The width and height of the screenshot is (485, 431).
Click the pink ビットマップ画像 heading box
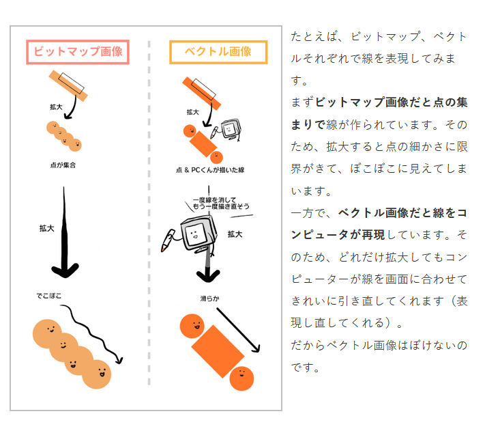point(78,52)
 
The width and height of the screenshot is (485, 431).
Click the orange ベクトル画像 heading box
point(218,52)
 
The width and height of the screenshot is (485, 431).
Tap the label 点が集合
point(63,165)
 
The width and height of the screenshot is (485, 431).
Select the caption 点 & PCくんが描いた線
point(209,170)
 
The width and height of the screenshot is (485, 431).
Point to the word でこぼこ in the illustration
point(50,296)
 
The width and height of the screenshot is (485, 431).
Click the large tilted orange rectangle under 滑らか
point(218,351)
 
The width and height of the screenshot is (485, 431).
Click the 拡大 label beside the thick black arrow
point(47,228)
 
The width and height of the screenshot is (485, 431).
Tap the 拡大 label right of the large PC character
point(235,234)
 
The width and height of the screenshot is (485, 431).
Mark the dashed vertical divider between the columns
point(149,225)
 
